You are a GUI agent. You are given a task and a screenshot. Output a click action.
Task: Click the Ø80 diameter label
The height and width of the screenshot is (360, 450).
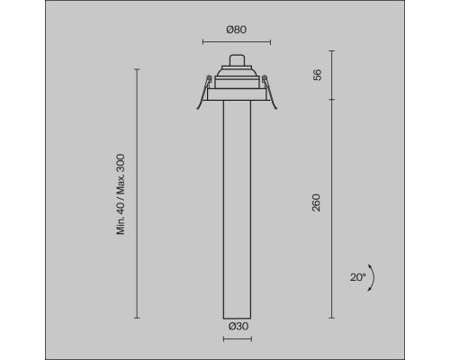pyautogui.click(x=237, y=30)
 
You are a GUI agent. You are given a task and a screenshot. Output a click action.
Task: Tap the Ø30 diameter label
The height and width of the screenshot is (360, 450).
pyautogui.click(x=238, y=326)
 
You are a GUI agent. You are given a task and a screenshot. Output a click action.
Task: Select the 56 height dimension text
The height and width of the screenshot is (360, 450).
pyautogui.click(x=317, y=75)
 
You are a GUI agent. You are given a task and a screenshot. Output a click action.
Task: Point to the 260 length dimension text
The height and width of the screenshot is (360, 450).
pyautogui.click(x=317, y=202)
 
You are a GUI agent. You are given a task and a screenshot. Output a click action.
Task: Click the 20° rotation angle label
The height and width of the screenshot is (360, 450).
pyautogui.click(x=358, y=277)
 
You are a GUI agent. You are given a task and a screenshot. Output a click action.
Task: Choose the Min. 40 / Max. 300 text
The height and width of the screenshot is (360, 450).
pyautogui.click(x=121, y=194)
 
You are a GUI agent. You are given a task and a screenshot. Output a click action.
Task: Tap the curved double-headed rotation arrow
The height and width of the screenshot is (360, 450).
pyautogui.click(x=373, y=277)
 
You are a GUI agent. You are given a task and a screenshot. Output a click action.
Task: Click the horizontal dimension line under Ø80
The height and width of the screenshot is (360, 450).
pyautogui.click(x=237, y=42)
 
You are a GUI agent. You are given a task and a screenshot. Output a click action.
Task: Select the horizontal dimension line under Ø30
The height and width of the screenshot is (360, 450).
pyautogui.click(x=238, y=339)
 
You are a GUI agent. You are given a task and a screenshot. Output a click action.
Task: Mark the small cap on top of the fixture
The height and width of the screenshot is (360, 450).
pyautogui.click(x=238, y=59)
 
